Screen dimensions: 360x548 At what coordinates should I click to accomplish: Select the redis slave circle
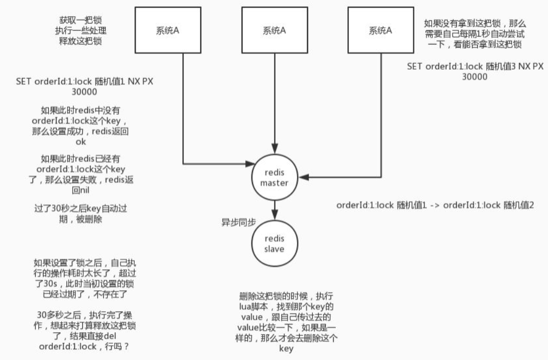click(275, 243)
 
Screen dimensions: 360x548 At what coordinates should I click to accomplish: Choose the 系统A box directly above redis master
click(275, 30)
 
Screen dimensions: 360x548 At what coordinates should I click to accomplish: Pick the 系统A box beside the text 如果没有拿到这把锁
click(380, 30)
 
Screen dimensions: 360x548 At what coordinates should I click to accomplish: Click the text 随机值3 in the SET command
click(494, 67)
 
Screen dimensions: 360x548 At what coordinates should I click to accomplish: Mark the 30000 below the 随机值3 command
click(475, 76)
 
